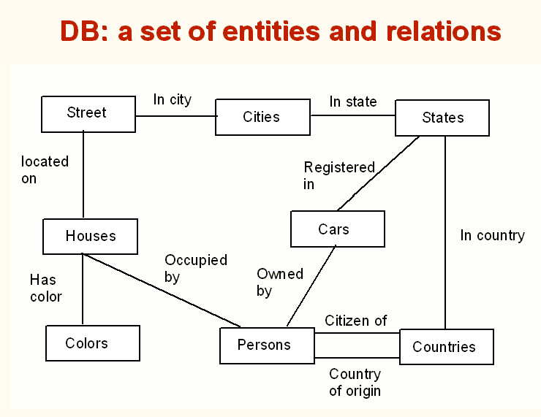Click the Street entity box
88,113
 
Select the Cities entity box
262,117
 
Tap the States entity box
442,118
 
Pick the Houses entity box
90,236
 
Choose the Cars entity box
337,229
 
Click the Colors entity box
92,343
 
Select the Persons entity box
267,345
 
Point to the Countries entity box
446,347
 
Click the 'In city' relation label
173,99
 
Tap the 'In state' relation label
353,102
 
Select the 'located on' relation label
44,169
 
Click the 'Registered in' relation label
338,175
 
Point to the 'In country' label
492,235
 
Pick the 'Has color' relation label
45,288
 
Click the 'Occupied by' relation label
195,268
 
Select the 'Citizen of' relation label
356,320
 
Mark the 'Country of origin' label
355,382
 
